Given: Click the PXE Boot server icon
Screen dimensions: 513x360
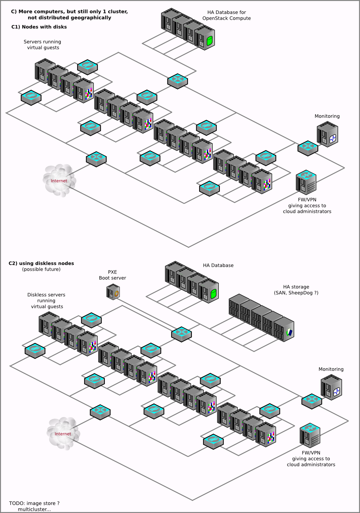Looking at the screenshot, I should [x=113, y=292].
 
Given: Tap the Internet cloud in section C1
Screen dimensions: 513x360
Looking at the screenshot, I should [x=59, y=180].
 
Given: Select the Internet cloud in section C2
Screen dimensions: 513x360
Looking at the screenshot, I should [x=63, y=433].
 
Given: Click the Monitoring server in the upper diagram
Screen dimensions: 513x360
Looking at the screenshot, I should [x=328, y=135].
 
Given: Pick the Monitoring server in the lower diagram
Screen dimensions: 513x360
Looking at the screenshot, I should [x=331, y=388].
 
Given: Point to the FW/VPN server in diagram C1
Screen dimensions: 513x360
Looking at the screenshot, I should [x=306, y=182].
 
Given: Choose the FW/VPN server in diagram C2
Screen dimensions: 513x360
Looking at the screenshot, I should [x=310, y=435].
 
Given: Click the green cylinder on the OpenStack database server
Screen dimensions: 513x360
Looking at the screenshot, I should [x=209, y=40].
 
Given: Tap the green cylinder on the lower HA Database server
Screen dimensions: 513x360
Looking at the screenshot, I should [x=213, y=293].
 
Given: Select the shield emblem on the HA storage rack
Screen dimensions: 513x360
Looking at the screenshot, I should [x=290, y=332].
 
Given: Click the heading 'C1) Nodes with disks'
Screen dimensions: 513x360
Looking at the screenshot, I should [x=39, y=27].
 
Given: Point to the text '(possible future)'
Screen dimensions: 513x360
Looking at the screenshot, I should [x=41, y=269].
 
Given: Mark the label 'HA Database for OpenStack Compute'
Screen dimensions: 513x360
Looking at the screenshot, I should [x=226, y=15].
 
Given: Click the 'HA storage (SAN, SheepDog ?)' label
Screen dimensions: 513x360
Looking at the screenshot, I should [x=296, y=290].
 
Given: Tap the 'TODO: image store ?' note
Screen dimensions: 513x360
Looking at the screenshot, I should [x=34, y=503].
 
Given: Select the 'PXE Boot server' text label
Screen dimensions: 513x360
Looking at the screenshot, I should [x=112, y=275].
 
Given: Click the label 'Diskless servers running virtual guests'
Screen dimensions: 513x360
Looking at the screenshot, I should [x=47, y=301].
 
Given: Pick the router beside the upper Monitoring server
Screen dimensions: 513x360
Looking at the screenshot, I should [x=308, y=148].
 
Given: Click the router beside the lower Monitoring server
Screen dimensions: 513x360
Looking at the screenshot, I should [x=312, y=401].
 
